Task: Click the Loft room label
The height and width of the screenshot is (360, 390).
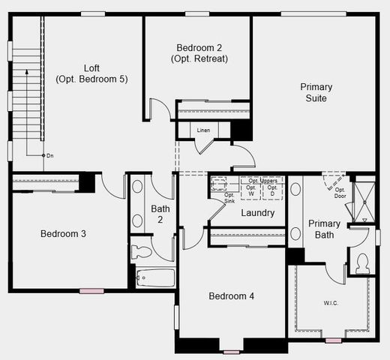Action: tap(91, 73)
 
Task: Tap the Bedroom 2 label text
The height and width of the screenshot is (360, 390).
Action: tap(199, 52)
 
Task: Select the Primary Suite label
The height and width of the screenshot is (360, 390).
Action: tap(316, 92)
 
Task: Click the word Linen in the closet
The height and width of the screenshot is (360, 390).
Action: tap(203, 130)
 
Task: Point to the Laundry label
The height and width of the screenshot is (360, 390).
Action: tap(257, 213)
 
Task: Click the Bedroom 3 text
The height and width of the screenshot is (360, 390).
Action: tap(63, 234)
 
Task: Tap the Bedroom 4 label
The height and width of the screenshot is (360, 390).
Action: tap(231, 296)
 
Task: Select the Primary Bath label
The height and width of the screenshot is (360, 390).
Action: tap(324, 229)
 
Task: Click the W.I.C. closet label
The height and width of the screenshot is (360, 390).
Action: tap(329, 302)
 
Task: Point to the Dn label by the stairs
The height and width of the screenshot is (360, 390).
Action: tap(49, 155)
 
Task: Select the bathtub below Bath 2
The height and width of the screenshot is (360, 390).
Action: tap(155, 278)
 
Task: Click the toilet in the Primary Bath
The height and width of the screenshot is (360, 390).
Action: tap(362, 263)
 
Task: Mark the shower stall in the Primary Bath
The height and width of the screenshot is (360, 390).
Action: tap(365, 200)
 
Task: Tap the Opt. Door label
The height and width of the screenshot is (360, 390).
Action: tap(340, 193)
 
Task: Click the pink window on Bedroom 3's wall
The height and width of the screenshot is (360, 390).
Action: tap(92, 290)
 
